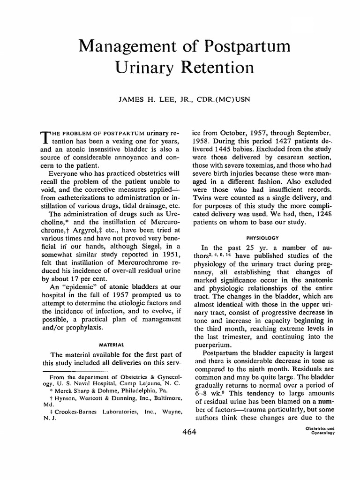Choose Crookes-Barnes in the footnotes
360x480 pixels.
tap(70, 410)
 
